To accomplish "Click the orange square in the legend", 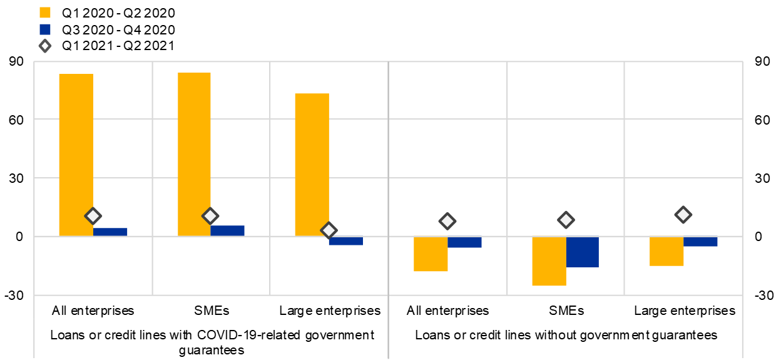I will pos(45,13).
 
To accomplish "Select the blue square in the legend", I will pos(45,29).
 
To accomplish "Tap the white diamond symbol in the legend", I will pos(45,46).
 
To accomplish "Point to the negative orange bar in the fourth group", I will pos(431,254).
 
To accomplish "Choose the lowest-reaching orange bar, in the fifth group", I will pos(549,261).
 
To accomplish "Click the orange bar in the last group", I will pos(666,251).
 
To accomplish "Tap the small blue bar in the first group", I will pos(110,232).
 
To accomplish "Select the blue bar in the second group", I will pos(227,230).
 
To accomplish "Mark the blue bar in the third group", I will pos(345,241).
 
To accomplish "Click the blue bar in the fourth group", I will pos(464,242).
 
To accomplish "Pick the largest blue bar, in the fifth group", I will pos(582,252).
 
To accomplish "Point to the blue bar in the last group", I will pos(700,242).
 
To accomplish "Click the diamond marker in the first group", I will pos(93,216).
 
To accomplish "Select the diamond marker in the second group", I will pos(210,216).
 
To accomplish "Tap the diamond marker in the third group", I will pos(329,230).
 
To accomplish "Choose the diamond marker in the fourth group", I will pos(447,221).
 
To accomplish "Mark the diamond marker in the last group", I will pos(683,215).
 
